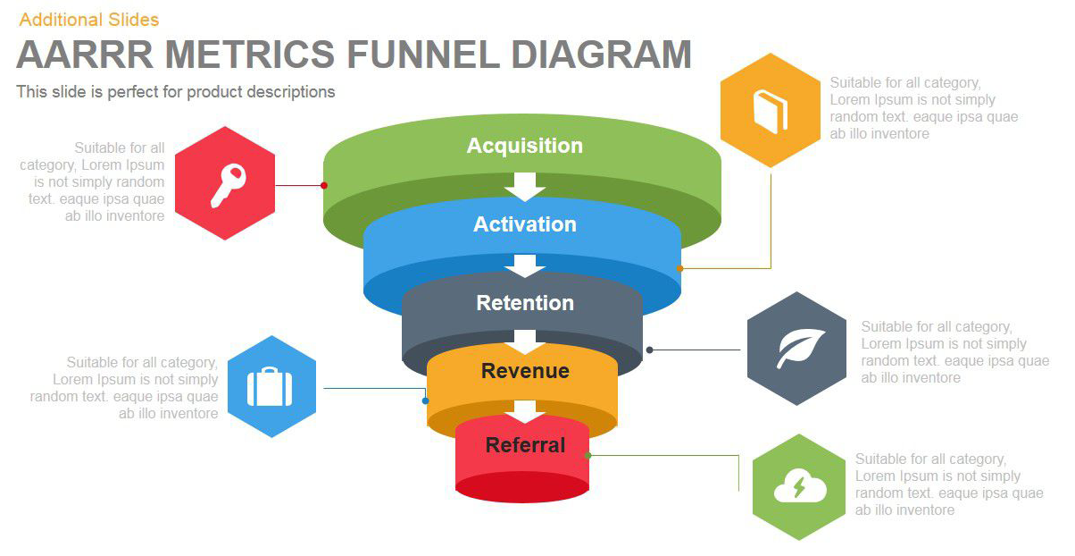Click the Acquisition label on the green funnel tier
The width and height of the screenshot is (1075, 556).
pyautogui.click(x=524, y=146)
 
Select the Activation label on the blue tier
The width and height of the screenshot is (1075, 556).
pyautogui.click(x=524, y=224)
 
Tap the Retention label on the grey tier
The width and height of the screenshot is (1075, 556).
pyautogui.click(x=524, y=303)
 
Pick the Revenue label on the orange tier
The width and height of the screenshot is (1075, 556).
pyautogui.click(x=525, y=371)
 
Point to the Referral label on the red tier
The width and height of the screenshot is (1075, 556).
pyautogui.click(x=525, y=445)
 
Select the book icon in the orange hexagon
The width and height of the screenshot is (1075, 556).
pyautogui.click(x=770, y=111)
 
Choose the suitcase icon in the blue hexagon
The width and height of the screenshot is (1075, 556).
pyautogui.click(x=270, y=387)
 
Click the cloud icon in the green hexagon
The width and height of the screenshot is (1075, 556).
pyautogui.click(x=799, y=488)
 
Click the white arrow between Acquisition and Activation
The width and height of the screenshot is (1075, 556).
pyautogui.click(x=525, y=185)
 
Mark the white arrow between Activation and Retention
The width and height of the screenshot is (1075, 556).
pyautogui.click(x=525, y=265)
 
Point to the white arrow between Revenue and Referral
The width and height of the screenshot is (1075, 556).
pyautogui.click(x=525, y=411)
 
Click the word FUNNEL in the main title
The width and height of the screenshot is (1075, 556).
pyautogui.click(x=423, y=55)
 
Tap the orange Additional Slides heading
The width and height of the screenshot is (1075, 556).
pyautogui.click(x=88, y=19)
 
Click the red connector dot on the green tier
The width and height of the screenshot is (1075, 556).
pyautogui.click(x=324, y=186)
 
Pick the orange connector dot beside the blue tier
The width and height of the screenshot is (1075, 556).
pyautogui.click(x=679, y=268)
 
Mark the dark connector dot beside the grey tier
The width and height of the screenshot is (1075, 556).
pyautogui.click(x=650, y=350)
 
